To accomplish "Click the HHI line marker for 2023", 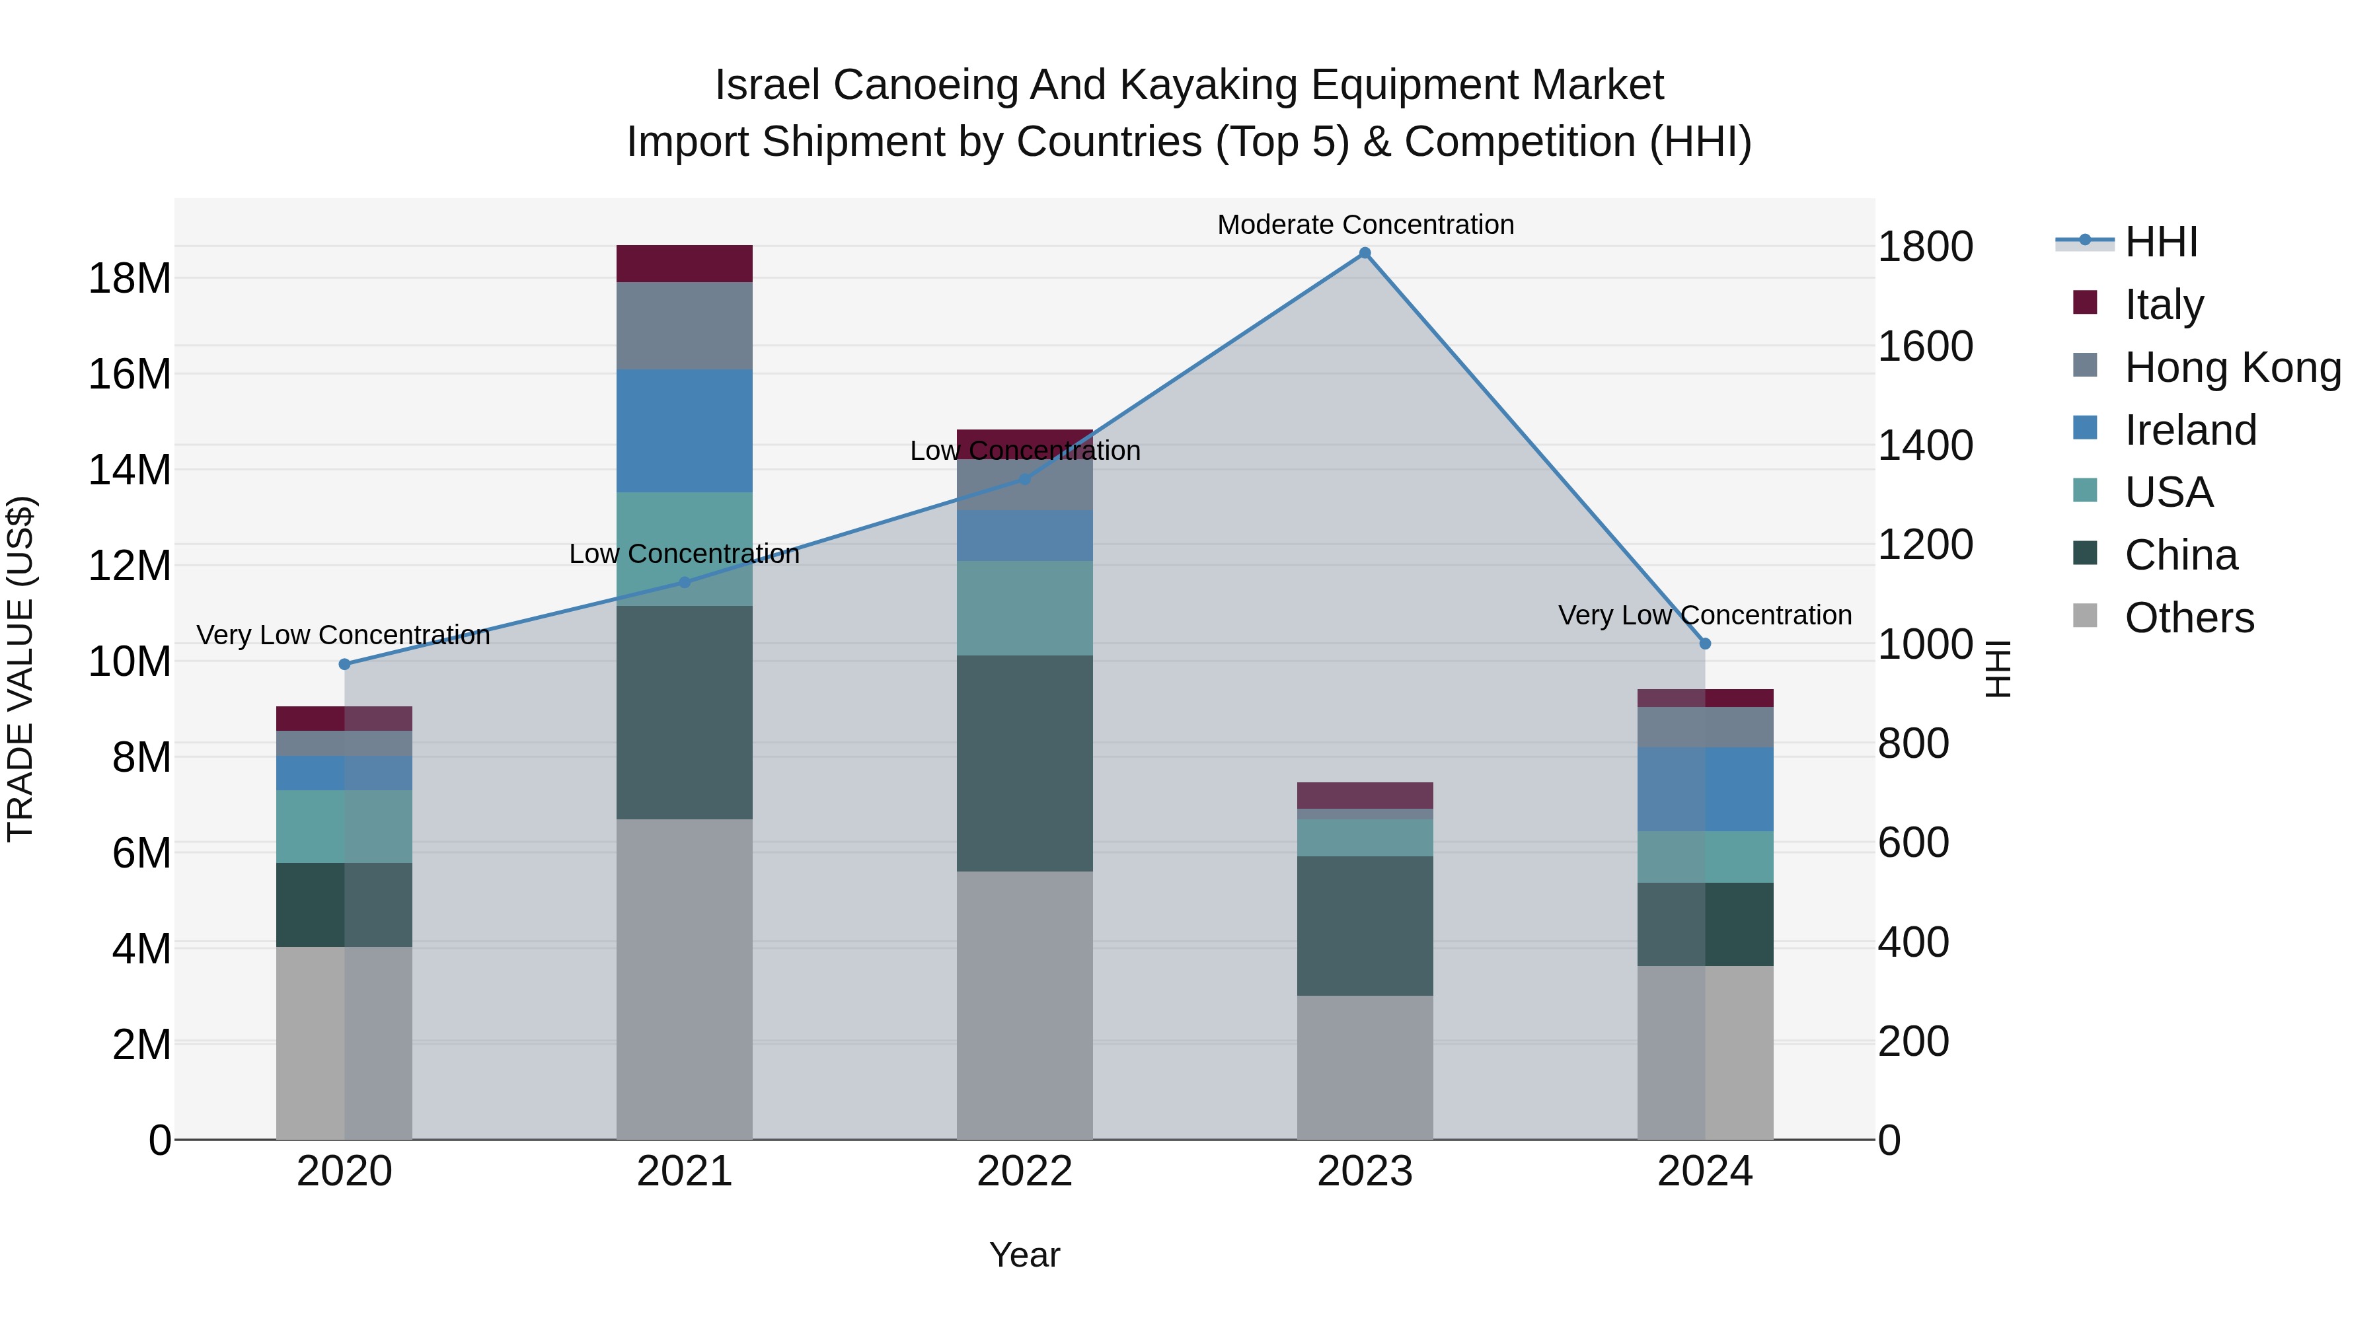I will [x=1364, y=253].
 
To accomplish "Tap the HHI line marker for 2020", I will [x=344, y=664].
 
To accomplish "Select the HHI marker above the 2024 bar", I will [x=1705, y=644].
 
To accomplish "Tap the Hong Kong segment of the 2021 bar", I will [x=685, y=325].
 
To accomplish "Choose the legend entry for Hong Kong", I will [x=2232, y=367].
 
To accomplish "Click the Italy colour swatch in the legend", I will [x=2084, y=303].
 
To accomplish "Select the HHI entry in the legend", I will [x=2160, y=242].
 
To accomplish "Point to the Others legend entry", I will [x=2189, y=617].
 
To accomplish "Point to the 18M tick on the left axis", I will [x=130, y=278].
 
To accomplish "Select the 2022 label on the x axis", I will [x=1024, y=1171].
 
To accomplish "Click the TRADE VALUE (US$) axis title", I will [x=20, y=669].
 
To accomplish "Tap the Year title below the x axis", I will [x=1024, y=1255].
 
